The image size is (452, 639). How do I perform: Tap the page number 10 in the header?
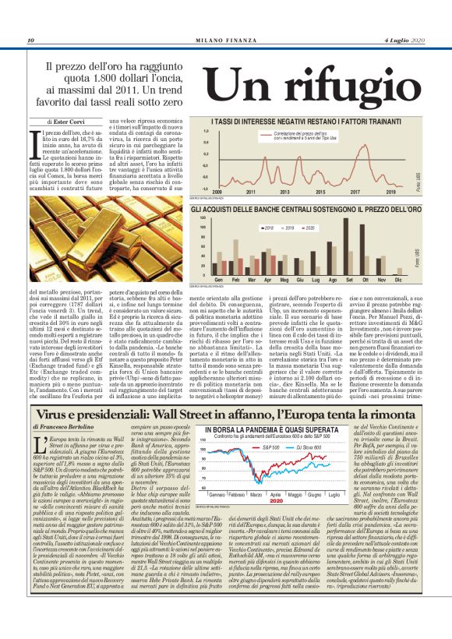pos(30,41)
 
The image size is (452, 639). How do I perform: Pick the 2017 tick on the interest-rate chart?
pos(354,191)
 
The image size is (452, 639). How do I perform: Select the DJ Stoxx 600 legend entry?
pos(327,447)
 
